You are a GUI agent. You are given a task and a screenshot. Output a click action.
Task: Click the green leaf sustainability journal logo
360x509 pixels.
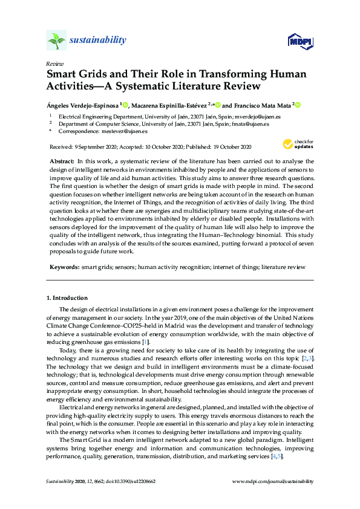[x=56, y=41]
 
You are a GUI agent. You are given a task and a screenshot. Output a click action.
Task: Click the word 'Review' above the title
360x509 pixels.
[x=54, y=63]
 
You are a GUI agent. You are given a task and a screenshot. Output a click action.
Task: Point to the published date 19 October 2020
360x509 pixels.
[x=231, y=146]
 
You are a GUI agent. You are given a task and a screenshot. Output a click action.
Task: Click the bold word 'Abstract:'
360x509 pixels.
[x=61, y=162]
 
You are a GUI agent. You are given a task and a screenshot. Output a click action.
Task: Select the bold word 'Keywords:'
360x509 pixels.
[x=63, y=267]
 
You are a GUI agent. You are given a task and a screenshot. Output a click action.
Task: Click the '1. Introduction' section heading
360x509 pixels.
[x=67, y=298]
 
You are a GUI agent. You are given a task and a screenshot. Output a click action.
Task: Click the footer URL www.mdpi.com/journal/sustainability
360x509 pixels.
[x=273, y=481]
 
